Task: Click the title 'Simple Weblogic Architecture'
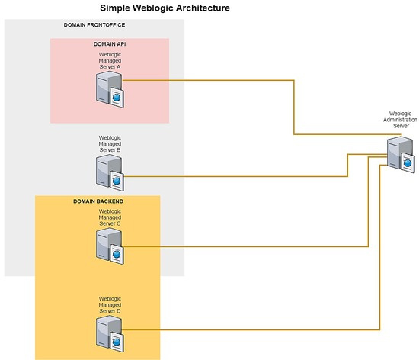(x=165, y=8)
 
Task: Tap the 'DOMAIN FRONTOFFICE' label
(x=95, y=25)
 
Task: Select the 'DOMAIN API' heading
(x=109, y=44)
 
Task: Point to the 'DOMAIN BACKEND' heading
(x=98, y=201)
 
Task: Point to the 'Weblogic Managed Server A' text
(x=110, y=60)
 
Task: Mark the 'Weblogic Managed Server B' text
(x=110, y=144)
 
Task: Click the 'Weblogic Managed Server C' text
(x=110, y=217)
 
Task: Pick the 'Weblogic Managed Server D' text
(x=110, y=304)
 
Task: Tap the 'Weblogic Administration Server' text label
(x=401, y=119)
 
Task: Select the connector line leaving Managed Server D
(x=251, y=329)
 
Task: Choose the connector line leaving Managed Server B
(x=229, y=176)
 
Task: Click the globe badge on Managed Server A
(x=117, y=97)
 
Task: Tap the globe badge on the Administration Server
(x=408, y=162)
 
